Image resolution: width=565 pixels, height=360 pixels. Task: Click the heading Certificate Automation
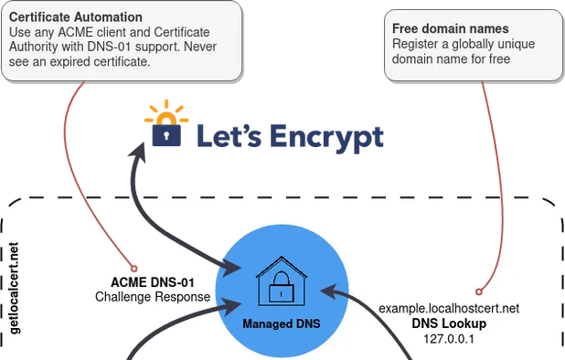coord(76,17)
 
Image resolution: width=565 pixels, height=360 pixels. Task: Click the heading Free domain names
coord(445,29)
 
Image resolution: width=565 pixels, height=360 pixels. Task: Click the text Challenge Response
coord(153,297)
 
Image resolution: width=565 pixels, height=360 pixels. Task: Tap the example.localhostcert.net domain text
coord(449,309)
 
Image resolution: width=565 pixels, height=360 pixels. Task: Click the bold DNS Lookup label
coord(449,323)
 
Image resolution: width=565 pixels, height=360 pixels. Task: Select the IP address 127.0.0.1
coord(449,338)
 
